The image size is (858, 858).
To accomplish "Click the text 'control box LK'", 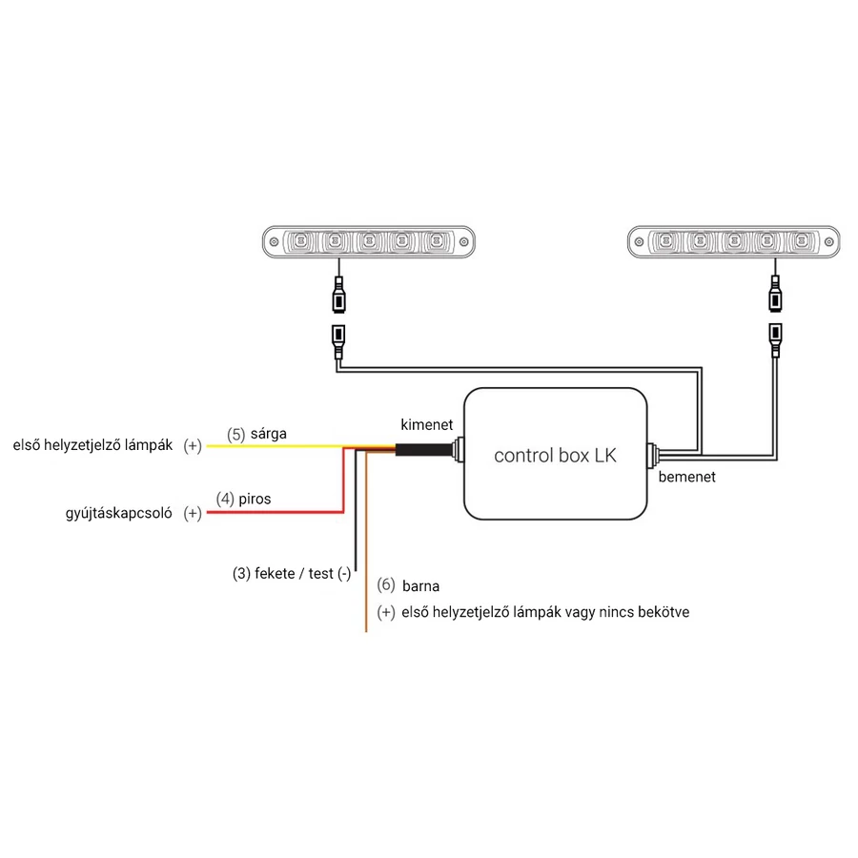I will coord(555,455).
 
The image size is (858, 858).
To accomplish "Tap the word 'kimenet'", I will coord(426,425).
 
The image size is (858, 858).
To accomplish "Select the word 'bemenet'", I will coord(686,476).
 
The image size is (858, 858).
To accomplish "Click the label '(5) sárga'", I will coord(256,434).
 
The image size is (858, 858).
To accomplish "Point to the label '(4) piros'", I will coord(243,498).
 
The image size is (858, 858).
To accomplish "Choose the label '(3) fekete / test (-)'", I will coord(291,573).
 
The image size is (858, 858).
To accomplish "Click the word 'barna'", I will coord(420,585).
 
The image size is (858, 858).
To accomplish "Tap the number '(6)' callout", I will coord(385,584).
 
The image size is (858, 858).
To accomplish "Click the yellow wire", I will coord(276,446).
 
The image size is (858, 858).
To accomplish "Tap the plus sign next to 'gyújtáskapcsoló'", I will coord(193,513).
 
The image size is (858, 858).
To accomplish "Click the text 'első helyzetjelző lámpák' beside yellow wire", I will coord(93,445).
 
